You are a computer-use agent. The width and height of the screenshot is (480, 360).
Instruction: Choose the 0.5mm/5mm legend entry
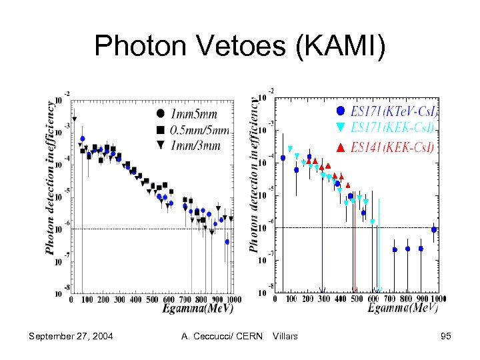[x=193, y=129]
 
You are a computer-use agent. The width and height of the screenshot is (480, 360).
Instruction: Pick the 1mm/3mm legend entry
[x=193, y=146]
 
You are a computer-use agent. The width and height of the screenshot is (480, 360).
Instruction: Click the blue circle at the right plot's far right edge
[x=434, y=229]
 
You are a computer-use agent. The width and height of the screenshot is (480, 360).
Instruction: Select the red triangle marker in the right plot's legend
[x=341, y=148]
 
